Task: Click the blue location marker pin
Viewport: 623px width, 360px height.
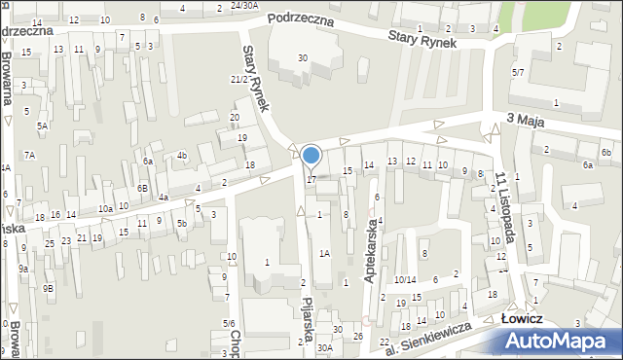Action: coord(311,156)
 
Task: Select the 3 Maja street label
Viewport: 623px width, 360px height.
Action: coord(526,118)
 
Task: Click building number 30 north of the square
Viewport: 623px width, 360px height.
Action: coord(303,58)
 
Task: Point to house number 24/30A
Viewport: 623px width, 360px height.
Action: coord(244,5)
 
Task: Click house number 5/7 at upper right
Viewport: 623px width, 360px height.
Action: coord(519,72)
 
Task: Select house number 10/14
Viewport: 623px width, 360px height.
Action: coord(405,280)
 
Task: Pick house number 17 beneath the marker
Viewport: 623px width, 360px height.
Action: coord(311,179)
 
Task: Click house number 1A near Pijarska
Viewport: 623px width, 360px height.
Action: coord(325,253)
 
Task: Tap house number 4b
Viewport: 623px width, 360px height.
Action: coord(182,155)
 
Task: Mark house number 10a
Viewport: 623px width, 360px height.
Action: coord(105,208)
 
